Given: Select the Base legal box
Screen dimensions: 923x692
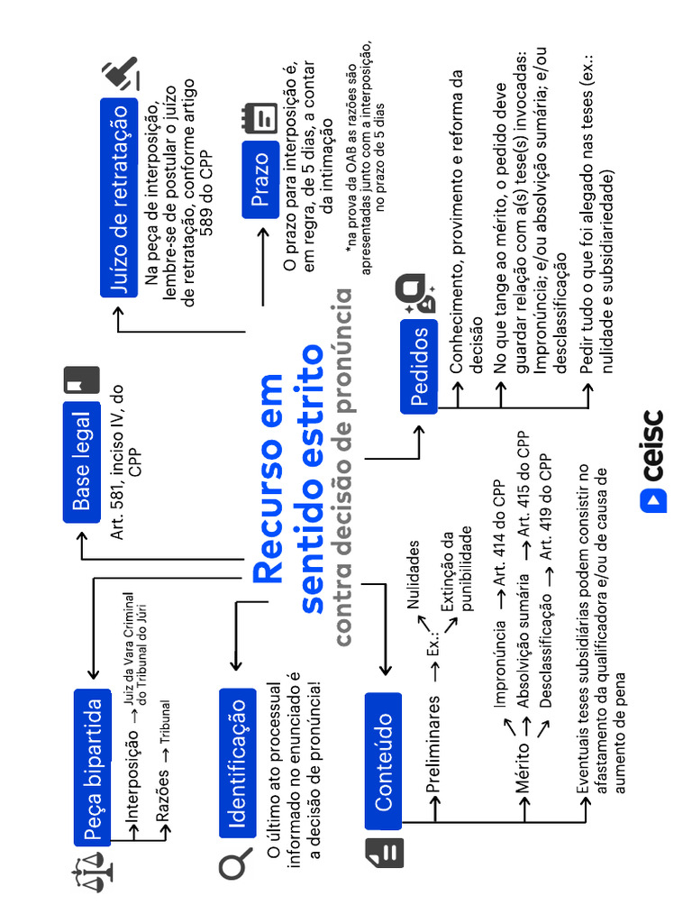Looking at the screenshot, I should [x=81, y=461].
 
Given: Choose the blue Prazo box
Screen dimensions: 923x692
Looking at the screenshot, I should [x=259, y=179].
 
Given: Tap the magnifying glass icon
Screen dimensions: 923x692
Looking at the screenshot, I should [x=235, y=866].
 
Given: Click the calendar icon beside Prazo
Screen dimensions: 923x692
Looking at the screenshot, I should [x=259, y=118].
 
